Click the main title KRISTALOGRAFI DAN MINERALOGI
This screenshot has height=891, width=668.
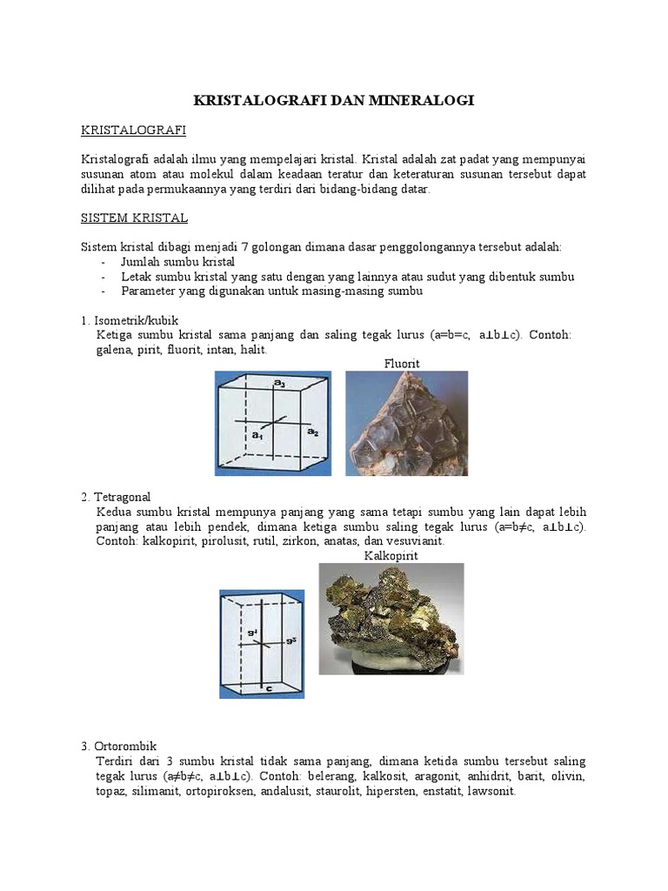[333, 101]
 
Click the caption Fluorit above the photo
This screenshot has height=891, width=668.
[402, 363]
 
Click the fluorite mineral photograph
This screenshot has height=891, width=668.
[406, 423]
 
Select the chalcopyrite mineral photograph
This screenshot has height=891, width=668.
[391, 619]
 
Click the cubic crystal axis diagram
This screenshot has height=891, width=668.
[273, 423]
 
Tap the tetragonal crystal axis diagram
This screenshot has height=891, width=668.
[262, 644]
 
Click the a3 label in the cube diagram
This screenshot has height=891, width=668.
[279, 384]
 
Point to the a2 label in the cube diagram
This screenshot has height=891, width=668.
[312, 432]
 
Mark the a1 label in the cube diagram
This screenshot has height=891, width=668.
[257, 432]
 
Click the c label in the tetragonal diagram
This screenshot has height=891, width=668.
[269, 688]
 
